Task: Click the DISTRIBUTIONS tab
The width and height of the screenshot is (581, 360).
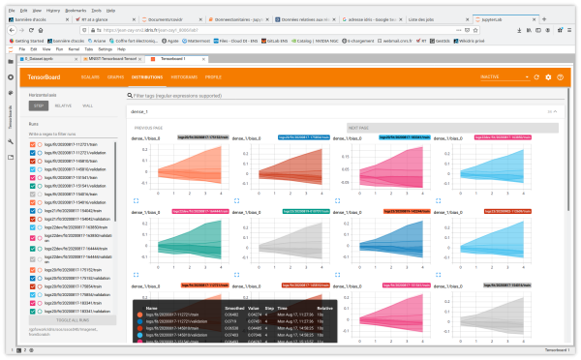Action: (145, 75)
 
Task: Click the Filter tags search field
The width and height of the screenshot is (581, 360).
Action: (290, 97)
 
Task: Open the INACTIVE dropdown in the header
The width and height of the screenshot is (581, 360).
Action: (513, 75)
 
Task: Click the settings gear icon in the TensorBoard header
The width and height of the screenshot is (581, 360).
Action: (548, 75)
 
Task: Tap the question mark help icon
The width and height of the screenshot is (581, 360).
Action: (561, 75)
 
